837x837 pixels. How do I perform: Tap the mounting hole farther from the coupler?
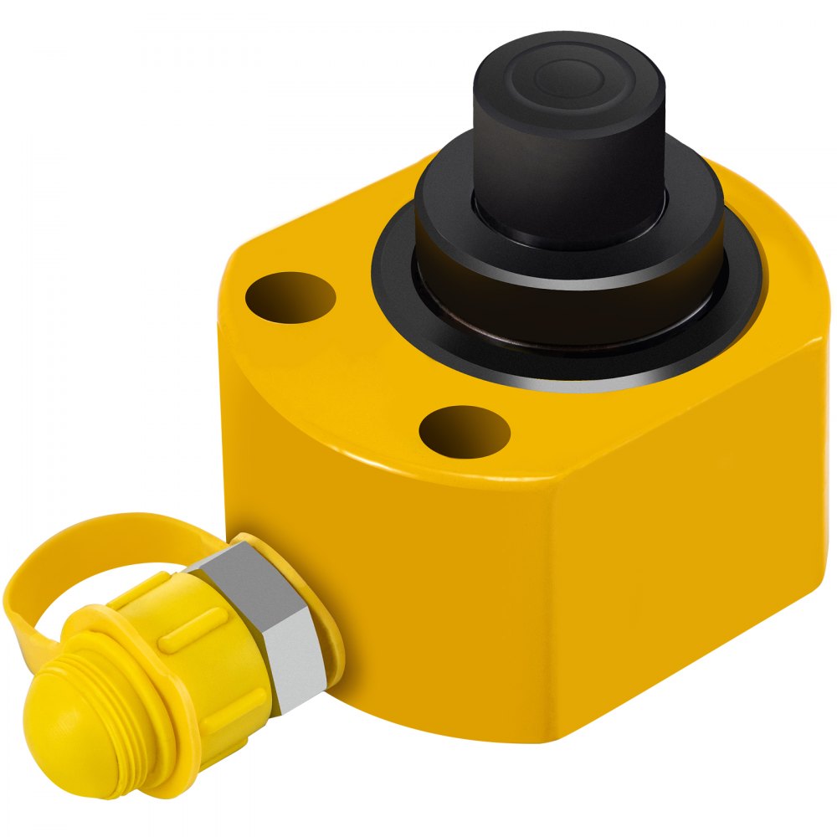point(291,297)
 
